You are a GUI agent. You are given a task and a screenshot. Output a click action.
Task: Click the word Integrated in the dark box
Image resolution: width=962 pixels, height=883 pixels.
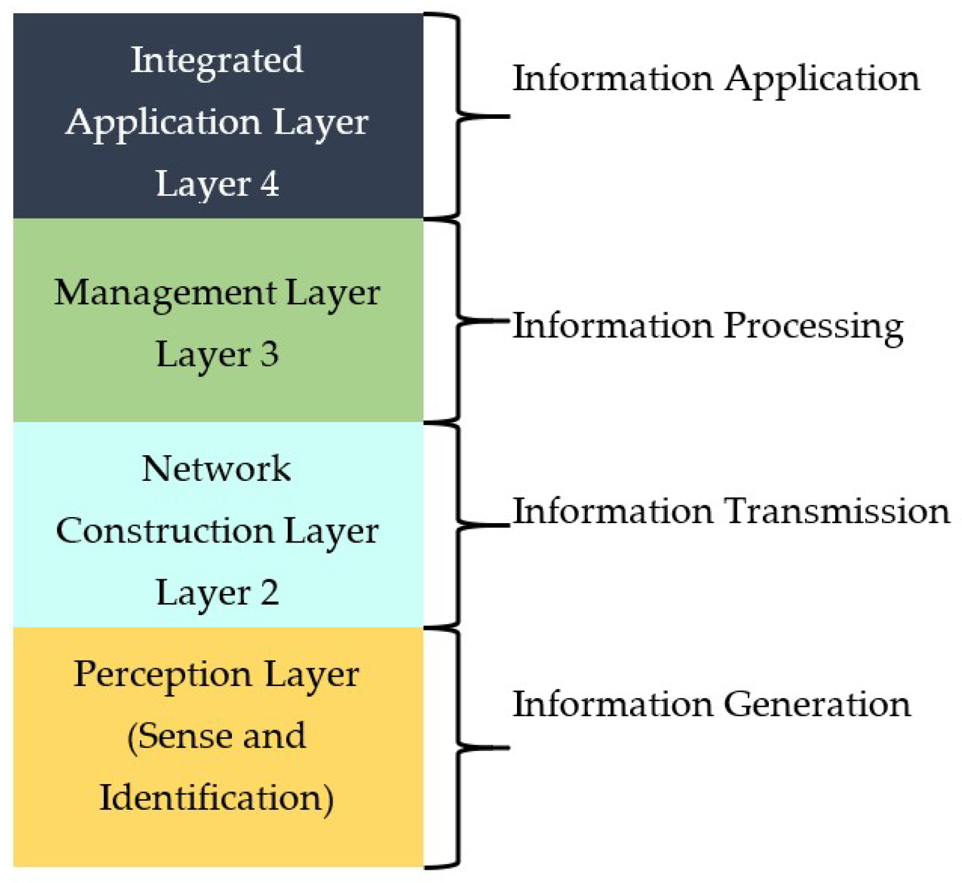pos(217,61)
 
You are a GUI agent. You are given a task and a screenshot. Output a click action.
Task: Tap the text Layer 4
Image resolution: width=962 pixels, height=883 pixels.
pos(217,184)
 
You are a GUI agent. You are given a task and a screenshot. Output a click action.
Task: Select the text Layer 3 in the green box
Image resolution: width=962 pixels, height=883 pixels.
pos(217,354)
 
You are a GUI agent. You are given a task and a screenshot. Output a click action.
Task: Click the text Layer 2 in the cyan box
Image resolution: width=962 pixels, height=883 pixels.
pos(217,592)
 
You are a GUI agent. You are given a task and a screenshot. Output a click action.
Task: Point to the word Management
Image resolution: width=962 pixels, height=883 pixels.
pos(165,294)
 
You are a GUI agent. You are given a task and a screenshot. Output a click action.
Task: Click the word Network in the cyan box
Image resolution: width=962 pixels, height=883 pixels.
pos(217,469)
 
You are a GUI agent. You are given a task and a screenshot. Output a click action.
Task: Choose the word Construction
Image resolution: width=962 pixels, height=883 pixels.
pos(165,531)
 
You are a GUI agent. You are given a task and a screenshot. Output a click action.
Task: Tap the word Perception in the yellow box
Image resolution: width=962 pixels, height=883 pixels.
pos(162,675)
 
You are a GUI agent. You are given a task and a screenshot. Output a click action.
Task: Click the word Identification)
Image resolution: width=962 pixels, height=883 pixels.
pos(217,798)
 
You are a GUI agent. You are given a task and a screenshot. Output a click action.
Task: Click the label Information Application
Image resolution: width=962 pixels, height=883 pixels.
pos(716,78)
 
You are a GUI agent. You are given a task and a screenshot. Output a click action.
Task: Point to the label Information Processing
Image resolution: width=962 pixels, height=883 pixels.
pos(708,326)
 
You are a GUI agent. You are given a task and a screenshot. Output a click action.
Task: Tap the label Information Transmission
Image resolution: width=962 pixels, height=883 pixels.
pos(731,511)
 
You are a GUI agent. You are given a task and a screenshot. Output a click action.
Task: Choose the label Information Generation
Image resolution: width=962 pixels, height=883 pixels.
pos(711,704)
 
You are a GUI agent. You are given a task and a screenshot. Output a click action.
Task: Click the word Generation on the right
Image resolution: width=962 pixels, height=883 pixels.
pos(817,704)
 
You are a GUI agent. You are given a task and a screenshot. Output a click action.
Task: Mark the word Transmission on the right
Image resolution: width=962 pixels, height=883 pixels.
pos(837,511)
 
